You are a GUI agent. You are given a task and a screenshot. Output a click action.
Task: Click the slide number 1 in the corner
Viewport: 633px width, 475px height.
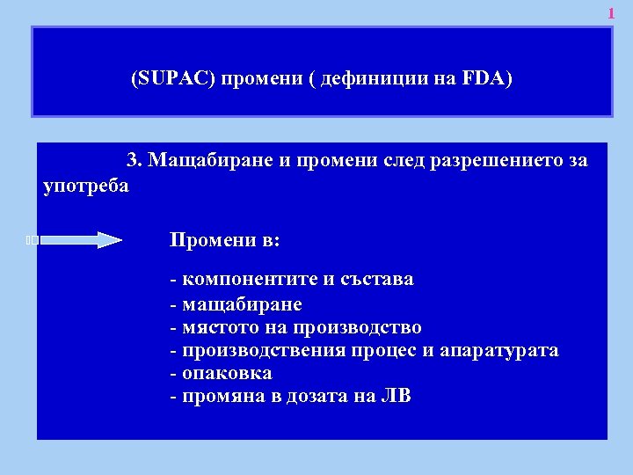[612, 14]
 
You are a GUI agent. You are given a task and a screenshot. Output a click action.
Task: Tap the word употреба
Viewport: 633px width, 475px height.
[85, 186]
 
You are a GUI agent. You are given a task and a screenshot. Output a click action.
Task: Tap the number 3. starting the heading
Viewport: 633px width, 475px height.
[135, 161]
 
